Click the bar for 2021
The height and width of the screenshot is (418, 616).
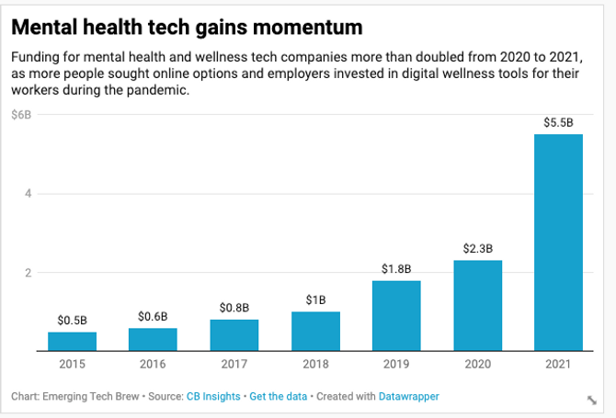[558, 243]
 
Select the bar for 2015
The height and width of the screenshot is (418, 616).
[73, 342]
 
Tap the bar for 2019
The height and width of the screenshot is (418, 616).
[396, 316]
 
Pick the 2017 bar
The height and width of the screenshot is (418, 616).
[234, 335]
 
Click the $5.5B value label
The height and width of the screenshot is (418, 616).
[558, 122]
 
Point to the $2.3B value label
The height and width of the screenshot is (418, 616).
[477, 248]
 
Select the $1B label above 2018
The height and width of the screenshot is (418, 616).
[315, 299]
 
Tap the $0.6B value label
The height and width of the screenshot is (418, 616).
[154, 316]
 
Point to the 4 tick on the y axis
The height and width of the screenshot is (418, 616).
[28, 194]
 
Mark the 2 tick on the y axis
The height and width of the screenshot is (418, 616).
[28, 273]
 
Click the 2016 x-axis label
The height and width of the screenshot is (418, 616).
[154, 365]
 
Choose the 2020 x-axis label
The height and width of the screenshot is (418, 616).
[477, 365]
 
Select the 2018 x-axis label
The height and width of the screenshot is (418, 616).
[315, 365]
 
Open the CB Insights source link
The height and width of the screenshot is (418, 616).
[214, 396]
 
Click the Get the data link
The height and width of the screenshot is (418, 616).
[279, 396]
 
